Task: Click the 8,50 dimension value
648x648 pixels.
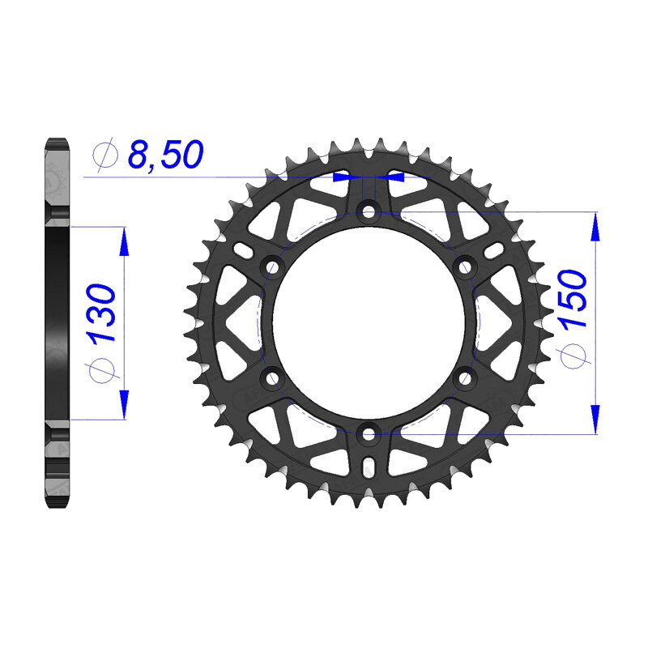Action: tap(165, 154)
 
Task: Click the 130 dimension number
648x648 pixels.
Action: tap(100, 314)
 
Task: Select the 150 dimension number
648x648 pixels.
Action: tap(573, 298)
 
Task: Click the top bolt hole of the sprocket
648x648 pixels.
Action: tap(369, 212)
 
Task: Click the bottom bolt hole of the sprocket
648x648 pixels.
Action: tap(369, 434)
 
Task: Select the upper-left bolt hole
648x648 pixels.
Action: tap(272, 268)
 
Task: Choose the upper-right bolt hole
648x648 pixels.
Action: tap(465, 268)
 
